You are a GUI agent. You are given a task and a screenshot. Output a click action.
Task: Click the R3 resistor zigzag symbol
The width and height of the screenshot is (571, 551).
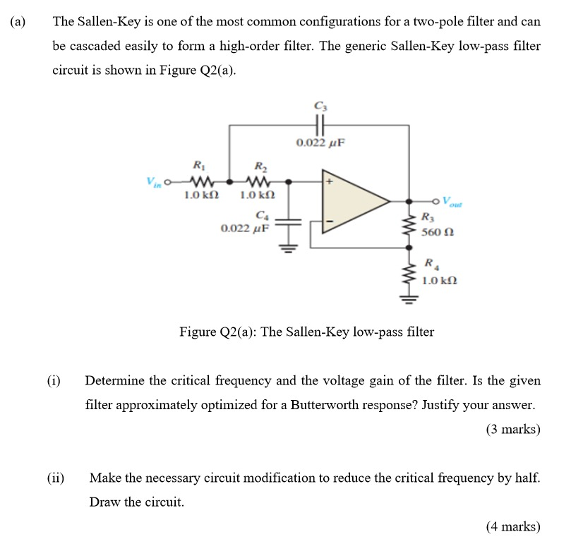(x=409, y=225)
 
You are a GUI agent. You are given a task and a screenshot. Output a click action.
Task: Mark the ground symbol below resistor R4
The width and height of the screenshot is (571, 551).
(x=409, y=299)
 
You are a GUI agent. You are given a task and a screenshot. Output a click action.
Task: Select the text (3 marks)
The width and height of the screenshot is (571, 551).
(x=513, y=429)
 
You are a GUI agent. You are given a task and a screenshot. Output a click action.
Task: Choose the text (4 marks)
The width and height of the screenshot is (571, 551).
(x=513, y=526)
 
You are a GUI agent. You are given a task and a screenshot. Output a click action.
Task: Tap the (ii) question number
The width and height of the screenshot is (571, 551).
(x=55, y=478)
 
